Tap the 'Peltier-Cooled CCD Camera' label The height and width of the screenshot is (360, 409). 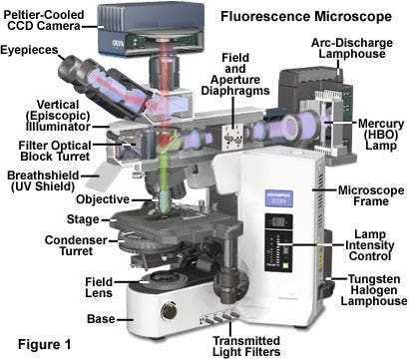click(x=46, y=17)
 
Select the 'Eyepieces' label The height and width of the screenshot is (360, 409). click(x=28, y=50)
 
